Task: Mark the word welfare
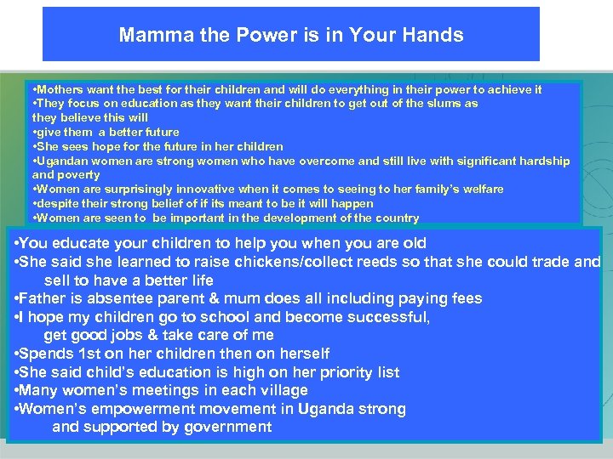[x=480, y=190]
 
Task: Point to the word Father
[x=45, y=298]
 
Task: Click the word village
[x=283, y=391]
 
